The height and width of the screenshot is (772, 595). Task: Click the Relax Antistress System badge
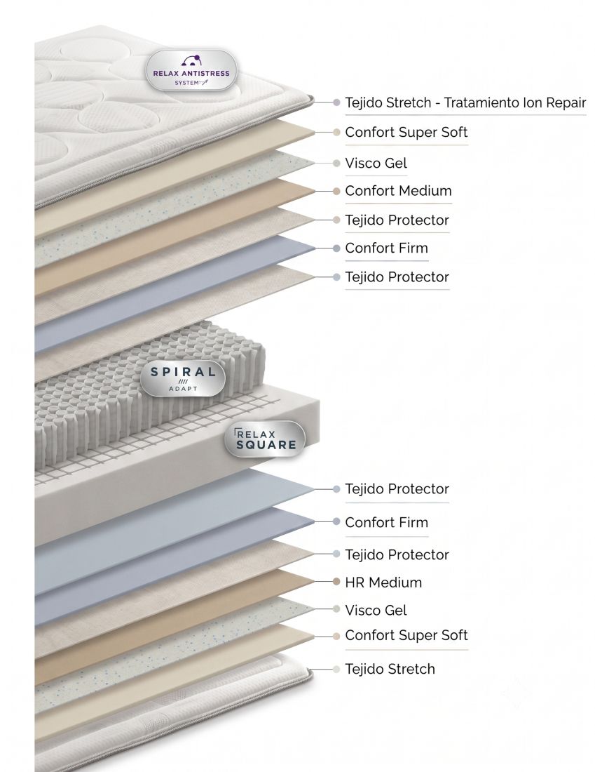pyautogui.click(x=191, y=70)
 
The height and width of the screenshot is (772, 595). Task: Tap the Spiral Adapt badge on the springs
pyautogui.click(x=183, y=378)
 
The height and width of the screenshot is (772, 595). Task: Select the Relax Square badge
pyautogui.click(x=265, y=439)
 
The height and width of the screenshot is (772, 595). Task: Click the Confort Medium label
pyautogui.click(x=398, y=190)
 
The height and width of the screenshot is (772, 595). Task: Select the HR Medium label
pyautogui.click(x=383, y=583)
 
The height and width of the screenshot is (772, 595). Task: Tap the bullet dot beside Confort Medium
pyautogui.click(x=336, y=191)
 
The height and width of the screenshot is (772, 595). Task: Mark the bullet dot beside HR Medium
pyautogui.click(x=336, y=582)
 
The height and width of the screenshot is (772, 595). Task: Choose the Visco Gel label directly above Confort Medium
pyautogui.click(x=376, y=163)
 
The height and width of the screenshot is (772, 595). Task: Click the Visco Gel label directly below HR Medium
pyautogui.click(x=376, y=610)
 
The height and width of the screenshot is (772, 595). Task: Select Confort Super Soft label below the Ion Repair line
pyautogui.click(x=406, y=133)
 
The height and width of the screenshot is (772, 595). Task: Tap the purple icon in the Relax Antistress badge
pyautogui.click(x=191, y=60)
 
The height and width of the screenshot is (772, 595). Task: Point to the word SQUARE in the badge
pyautogui.click(x=266, y=444)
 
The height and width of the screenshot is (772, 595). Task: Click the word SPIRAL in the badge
pyautogui.click(x=183, y=372)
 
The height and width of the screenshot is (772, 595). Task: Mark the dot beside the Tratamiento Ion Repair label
pyautogui.click(x=336, y=102)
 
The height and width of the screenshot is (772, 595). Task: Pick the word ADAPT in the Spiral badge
pyautogui.click(x=183, y=389)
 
